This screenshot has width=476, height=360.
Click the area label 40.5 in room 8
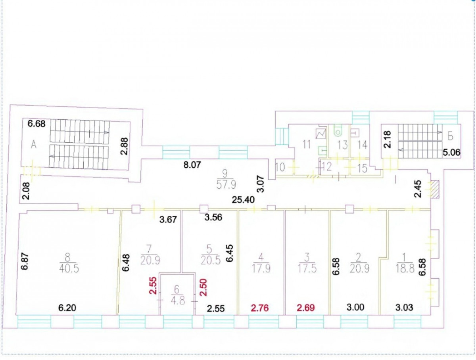[69, 269]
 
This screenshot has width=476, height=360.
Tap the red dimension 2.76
[260, 308]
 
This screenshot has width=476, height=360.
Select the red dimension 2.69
[306, 308]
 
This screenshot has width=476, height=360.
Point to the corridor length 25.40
[243, 199]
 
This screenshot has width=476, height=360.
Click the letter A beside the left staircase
[33, 144]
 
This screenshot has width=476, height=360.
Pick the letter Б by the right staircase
[451, 137]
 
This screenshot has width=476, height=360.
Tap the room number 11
[306, 144]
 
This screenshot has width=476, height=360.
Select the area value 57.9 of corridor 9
[226, 185]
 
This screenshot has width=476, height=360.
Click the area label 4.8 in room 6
[178, 301]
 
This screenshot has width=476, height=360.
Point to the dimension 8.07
[192, 165]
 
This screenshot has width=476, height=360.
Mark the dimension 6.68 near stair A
[36, 124]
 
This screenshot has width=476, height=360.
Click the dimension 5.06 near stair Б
[451, 153]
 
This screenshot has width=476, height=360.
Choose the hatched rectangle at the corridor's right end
[435, 190]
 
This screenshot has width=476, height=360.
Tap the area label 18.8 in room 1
[405, 269]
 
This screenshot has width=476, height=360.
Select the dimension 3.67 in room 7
[168, 220]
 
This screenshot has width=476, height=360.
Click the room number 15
[363, 168]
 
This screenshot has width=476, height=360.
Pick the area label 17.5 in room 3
[307, 269]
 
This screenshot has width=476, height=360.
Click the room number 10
[280, 167]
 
